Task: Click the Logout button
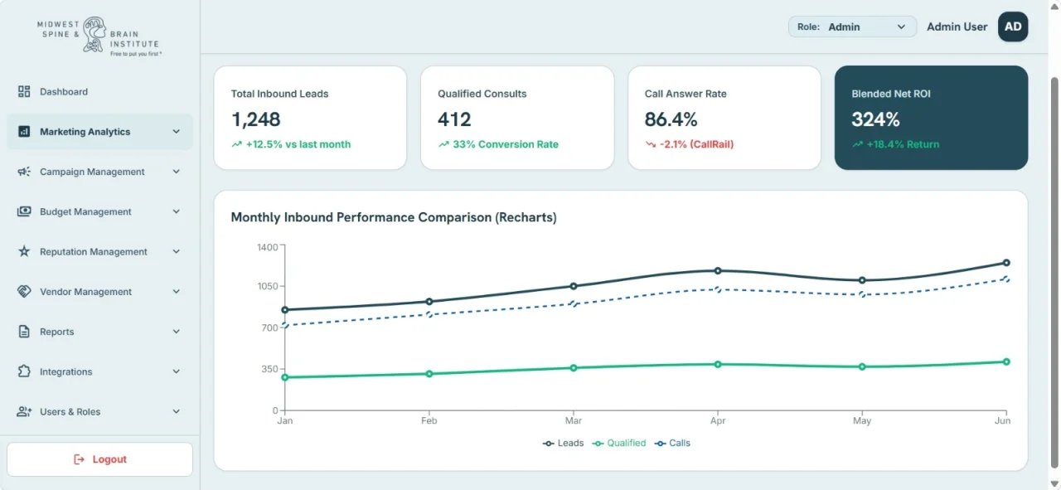tap(100, 459)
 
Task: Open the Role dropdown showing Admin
tap(851, 27)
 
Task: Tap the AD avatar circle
tap(1013, 27)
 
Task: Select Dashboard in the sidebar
tap(64, 91)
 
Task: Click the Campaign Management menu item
tap(92, 172)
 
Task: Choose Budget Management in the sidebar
tap(85, 211)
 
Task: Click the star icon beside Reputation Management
tap(24, 251)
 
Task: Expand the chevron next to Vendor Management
tap(177, 292)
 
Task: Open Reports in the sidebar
tap(57, 332)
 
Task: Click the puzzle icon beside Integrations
tap(24, 371)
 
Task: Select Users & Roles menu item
tap(70, 411)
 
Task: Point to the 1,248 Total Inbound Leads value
tap(256, 119)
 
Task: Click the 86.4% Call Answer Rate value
tap(671, 119)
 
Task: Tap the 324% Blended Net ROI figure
tap(875, 119)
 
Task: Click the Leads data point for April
tap(718, 270)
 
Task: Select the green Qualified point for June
tap(1006, 361)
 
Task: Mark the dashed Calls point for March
tap(573, 303)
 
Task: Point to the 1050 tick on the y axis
tap(268, 286)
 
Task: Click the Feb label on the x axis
tap(429, 421)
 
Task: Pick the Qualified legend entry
tap(619, 443)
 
